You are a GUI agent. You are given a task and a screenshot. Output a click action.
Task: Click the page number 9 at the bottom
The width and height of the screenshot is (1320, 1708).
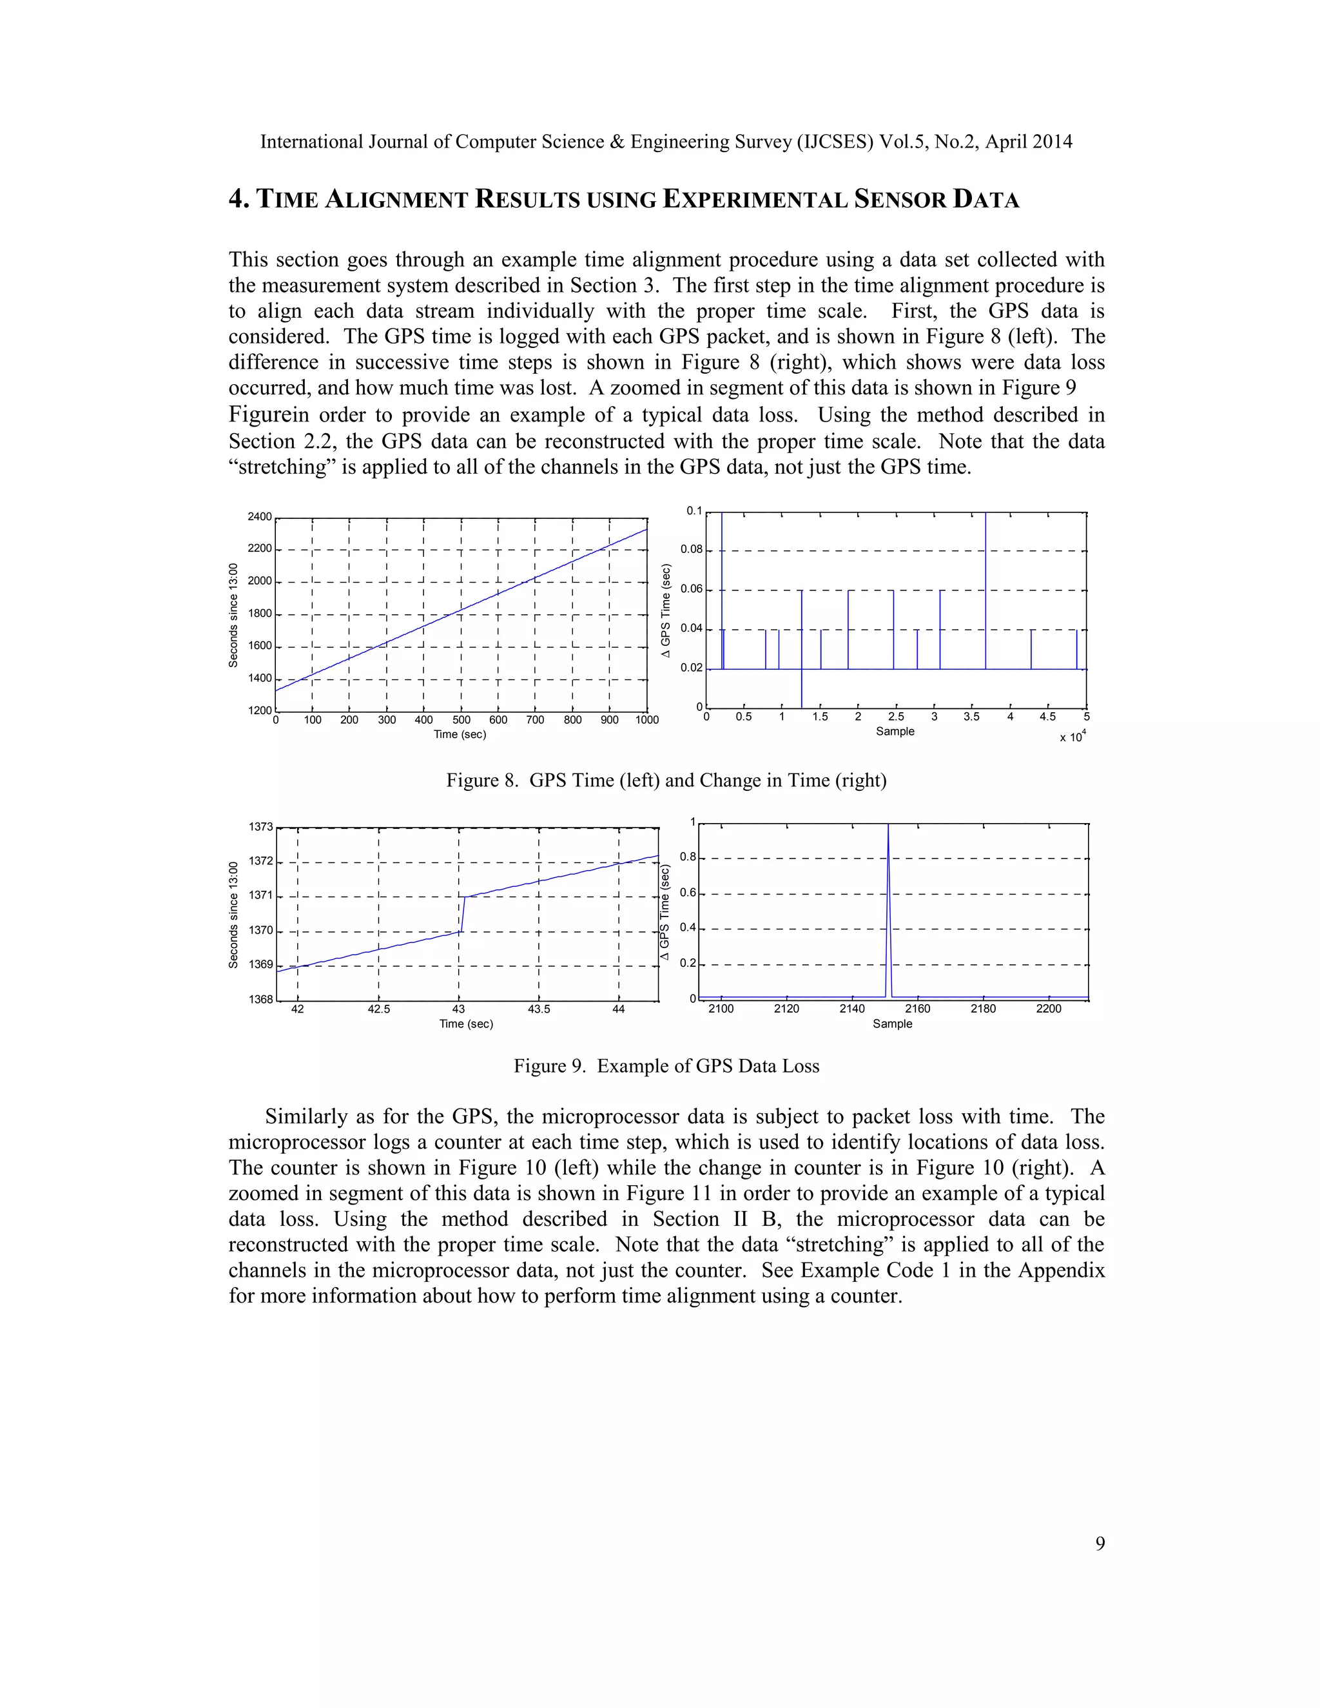coord(1100,1543)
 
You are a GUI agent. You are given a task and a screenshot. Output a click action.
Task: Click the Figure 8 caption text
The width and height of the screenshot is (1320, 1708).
coord(666,780)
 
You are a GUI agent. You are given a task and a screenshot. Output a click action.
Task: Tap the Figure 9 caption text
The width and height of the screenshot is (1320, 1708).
coord(666,1066)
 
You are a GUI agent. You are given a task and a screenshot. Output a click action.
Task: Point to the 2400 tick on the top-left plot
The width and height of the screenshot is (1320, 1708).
coord(260,517)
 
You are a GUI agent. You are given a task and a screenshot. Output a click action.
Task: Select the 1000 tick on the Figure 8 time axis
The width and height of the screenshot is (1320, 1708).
coord(646,719)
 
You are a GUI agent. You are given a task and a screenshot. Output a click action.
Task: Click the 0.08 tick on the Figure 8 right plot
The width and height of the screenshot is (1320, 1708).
coord(692,550)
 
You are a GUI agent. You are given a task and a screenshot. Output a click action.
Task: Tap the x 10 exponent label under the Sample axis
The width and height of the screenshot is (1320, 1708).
coord(1072,737)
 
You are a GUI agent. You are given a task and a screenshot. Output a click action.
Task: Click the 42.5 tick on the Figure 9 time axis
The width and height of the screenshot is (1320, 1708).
coord(378,1009)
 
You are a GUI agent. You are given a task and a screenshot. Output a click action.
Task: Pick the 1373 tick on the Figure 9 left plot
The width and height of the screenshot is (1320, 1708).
coord(261,827)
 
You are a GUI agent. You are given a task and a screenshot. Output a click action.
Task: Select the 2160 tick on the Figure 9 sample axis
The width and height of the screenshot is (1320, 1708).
coord(917,1009)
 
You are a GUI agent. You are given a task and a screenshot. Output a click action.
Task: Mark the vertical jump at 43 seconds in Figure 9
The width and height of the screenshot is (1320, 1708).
coord(463,913)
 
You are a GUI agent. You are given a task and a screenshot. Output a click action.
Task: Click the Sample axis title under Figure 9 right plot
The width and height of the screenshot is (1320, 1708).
coord(892,1024)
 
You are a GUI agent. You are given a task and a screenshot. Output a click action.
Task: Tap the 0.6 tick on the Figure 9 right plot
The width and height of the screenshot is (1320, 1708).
coord(687,893)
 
